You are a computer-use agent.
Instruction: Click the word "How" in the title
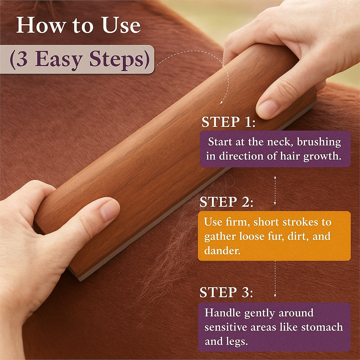point(41,25)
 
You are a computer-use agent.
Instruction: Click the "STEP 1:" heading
point(228,122)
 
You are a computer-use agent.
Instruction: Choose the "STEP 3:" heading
point(226,292)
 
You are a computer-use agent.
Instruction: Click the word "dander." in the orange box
point(222,250)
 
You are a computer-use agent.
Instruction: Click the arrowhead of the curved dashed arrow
point(221,102)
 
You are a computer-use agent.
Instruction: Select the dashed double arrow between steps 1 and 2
point(275,190)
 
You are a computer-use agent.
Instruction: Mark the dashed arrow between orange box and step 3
point(275,279)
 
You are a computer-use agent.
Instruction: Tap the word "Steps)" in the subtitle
point(120,59)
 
